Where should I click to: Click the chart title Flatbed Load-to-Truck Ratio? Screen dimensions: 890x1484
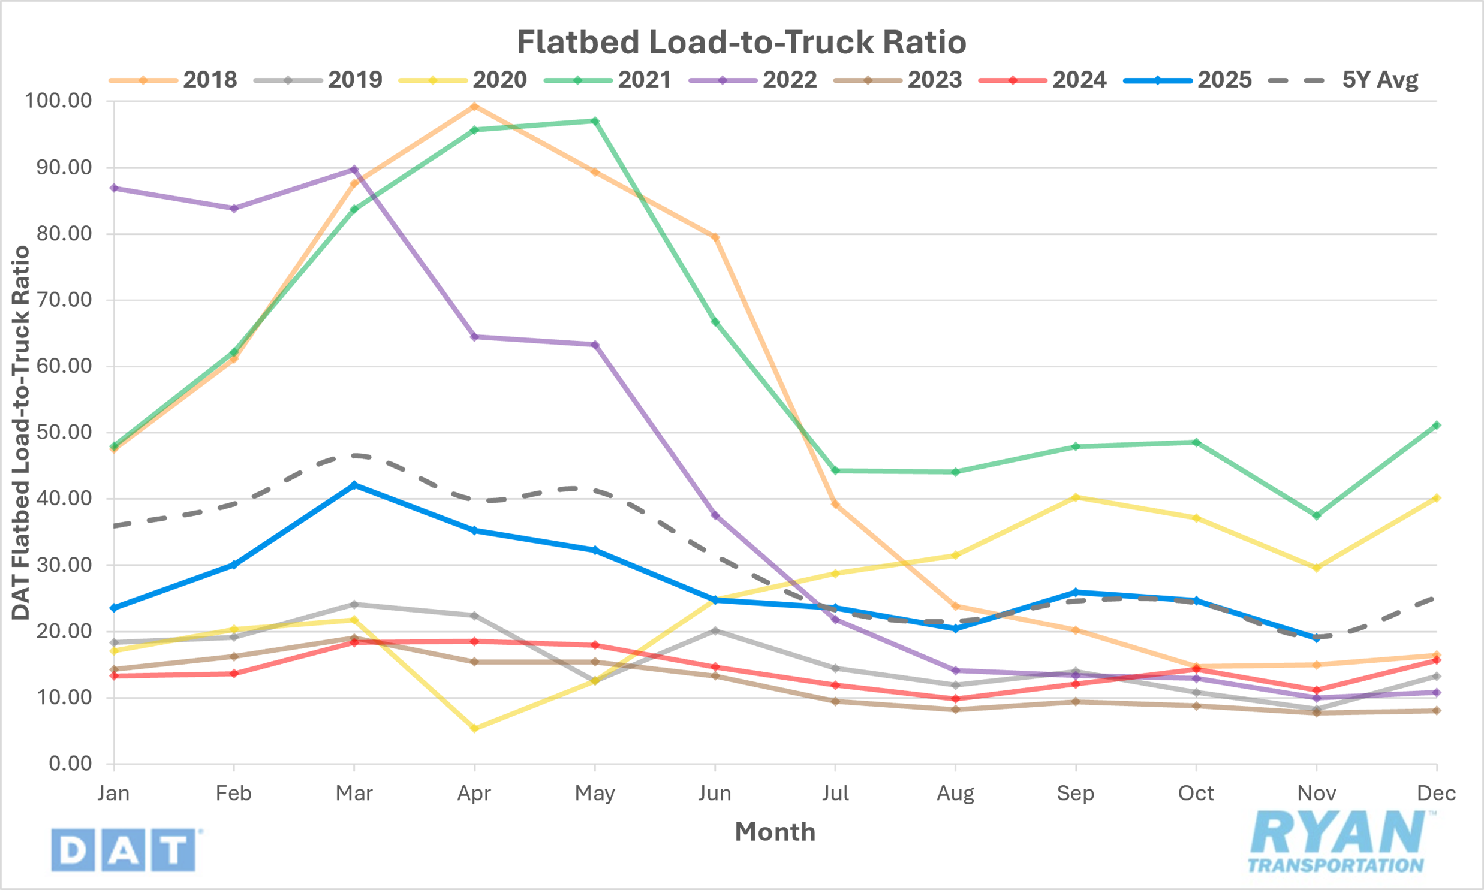(741, 42)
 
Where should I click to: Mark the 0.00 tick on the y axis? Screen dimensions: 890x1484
(70, 764)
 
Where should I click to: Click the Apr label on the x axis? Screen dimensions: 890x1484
(474, 794)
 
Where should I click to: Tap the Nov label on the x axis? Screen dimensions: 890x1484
(1316, 794)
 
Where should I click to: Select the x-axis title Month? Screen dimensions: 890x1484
(775, 832)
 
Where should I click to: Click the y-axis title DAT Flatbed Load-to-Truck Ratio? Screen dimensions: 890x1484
(21, 432)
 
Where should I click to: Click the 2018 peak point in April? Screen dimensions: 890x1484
(474, 107)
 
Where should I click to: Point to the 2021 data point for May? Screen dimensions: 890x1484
(595, 121)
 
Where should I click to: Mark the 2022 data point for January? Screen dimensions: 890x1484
(114, 188)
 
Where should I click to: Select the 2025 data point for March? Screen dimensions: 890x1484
(354, 485)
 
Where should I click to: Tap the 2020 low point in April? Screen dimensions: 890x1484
(474, 729)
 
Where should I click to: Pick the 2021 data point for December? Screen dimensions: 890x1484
(1437, 425)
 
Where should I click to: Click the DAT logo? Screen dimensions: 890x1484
(124, 850)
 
